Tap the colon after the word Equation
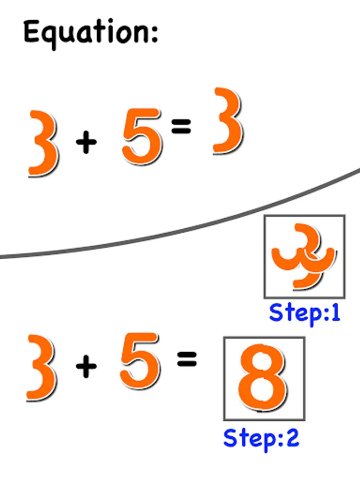[154, 33]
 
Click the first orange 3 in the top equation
[44, 143]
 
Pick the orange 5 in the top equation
[141, 136]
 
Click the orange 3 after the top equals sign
[227, 122]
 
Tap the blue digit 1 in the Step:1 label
[335, 313]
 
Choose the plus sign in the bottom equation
[86, 367]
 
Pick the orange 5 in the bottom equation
[140, 361]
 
